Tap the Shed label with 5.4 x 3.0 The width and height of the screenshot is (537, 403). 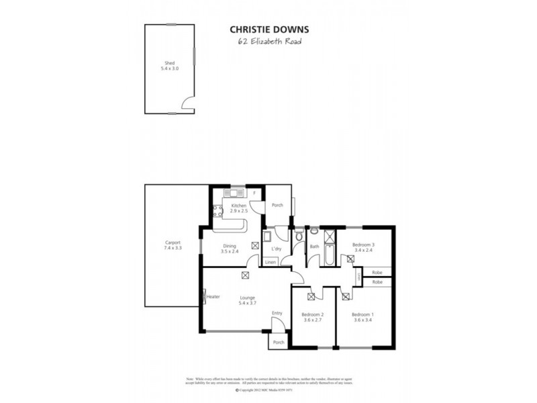click(x=169, y=66)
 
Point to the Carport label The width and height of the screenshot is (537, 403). click(x=173, y=245)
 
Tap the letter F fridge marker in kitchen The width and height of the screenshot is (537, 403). click(x=254, y=194)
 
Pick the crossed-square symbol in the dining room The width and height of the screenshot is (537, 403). click(x=255, y=246)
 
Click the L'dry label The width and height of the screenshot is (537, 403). click(x=276, y=249)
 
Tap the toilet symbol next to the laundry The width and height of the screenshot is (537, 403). click(x=298, y=235)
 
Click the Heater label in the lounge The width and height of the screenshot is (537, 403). click(x=213, y=296)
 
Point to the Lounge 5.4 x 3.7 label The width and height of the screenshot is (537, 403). click(x=248, y=301)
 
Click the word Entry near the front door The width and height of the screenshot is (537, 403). click(x=277, y=313)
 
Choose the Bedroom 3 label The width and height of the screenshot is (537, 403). click(x=363, y=247)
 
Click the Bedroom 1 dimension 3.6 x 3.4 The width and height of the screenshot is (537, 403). click(x=362, y=320)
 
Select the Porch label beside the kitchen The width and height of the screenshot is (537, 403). click(x=276, y=206)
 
